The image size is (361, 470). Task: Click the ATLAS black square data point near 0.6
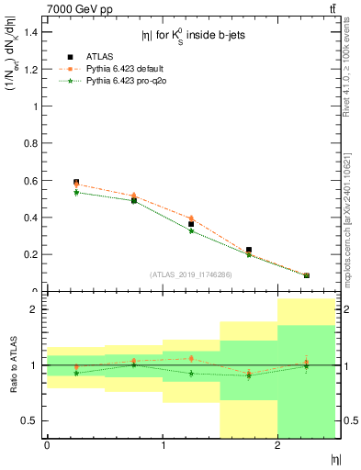76,183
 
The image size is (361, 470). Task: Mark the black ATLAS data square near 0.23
249,250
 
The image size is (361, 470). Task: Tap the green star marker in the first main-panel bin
76,192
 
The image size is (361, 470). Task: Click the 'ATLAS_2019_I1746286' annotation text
191,274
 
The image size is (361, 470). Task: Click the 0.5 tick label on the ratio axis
31,420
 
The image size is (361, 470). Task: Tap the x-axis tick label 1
163,445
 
